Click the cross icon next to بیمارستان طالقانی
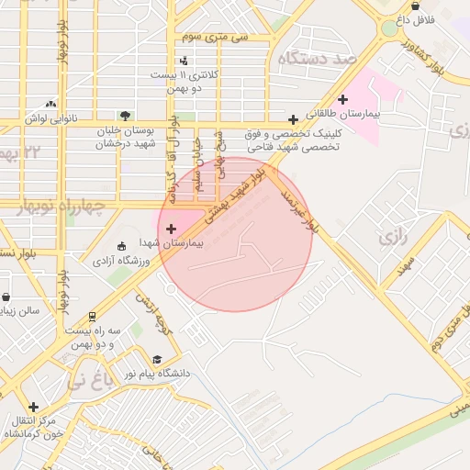(343, 99)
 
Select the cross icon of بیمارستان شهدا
(171, 228)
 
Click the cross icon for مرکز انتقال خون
(34, 407)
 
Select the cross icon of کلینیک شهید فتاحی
(293, 119)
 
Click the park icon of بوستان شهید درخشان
(176, 117)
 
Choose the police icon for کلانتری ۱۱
(184, 60)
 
